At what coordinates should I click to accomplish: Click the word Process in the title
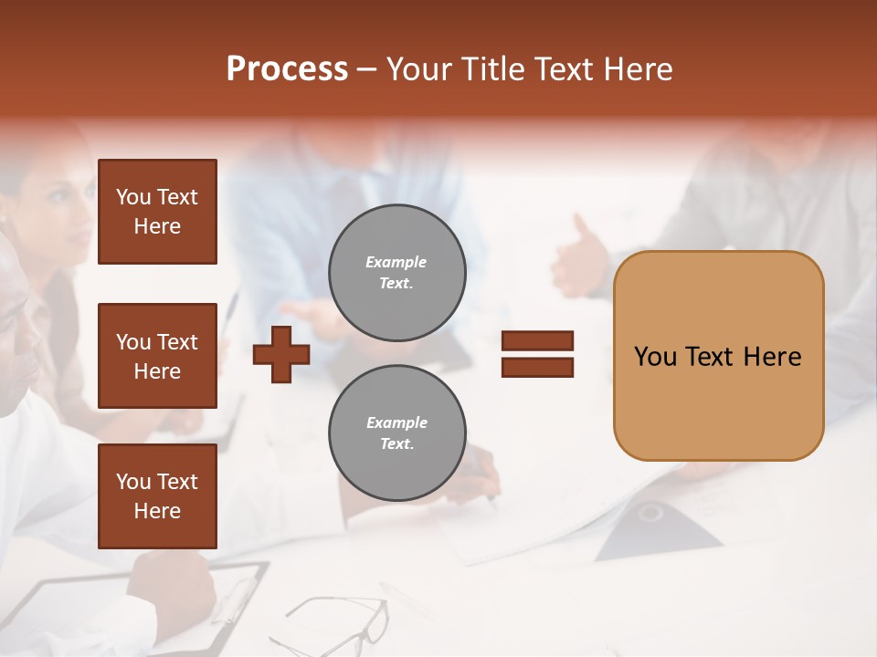coord(287,69)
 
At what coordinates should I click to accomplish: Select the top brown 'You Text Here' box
coord(157,212)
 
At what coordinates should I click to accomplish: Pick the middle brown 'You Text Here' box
coord(157,356)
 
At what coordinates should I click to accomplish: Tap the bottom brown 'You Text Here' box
coord(157,496)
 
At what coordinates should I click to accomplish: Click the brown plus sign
coord(281,354)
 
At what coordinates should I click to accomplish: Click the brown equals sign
coord(538,354)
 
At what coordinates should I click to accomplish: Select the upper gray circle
coord(397,273)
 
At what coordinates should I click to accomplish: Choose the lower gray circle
coord(397,433)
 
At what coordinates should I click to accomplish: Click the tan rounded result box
coord(718,356)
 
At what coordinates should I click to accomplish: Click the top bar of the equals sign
coord(538,341)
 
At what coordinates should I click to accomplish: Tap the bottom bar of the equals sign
coord(538,367)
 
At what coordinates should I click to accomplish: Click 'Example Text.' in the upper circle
coord(396,273)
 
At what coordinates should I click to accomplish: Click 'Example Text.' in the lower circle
coord(396,433)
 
